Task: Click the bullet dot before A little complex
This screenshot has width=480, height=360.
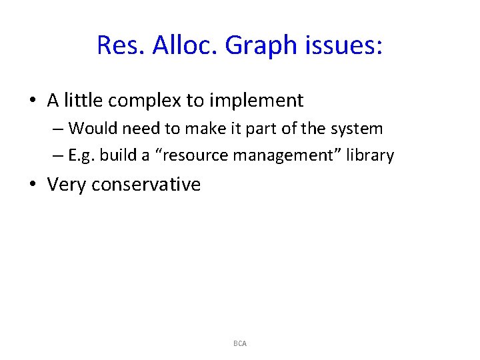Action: [33, 101]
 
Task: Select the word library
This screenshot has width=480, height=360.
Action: [371, 156]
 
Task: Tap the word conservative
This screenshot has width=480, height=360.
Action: [146, 185]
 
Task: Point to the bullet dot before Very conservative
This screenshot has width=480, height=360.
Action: [33, 185]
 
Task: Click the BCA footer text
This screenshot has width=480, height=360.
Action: [240, 343]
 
